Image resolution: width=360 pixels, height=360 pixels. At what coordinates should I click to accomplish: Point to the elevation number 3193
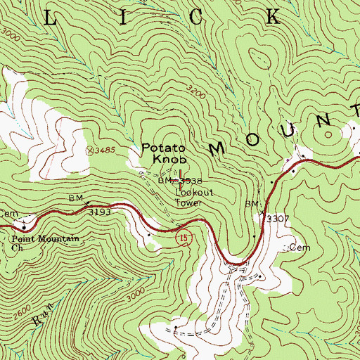tap(101, 210)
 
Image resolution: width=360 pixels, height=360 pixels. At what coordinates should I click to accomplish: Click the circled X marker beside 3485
tap(89, 150)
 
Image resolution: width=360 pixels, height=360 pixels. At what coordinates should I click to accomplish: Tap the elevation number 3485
tap(105, 150)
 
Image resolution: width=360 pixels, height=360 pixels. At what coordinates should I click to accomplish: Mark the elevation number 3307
tap(278, 219)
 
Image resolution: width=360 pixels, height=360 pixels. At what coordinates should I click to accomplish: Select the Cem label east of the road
tap(300, 248)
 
